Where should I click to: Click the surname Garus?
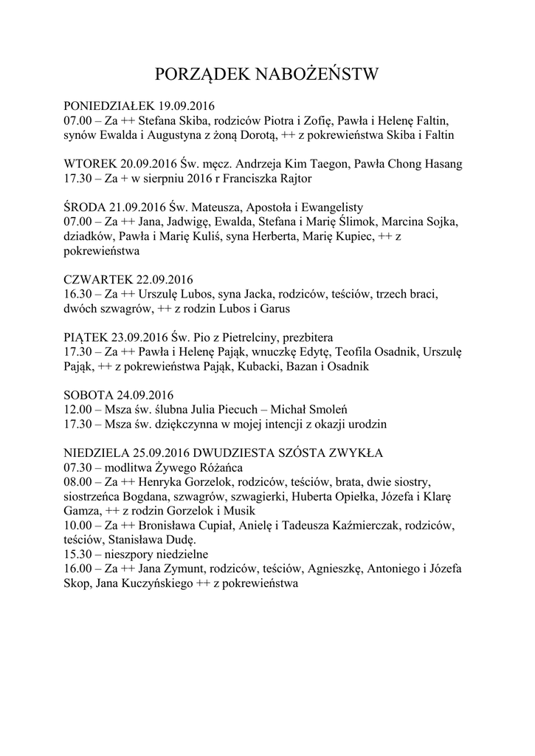click(x=273, y=308)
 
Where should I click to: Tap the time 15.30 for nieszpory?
click(x=77, y=554)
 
